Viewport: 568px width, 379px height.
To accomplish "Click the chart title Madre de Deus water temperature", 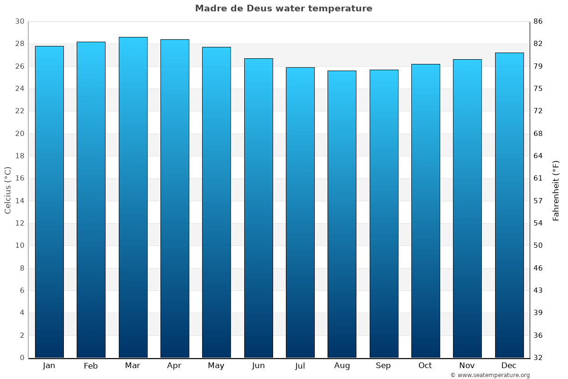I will (x=284, y=9).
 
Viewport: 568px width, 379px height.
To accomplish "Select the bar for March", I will (x=133, y=197).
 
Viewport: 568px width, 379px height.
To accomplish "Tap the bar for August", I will (x=342, y=214).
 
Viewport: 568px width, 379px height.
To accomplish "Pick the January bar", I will (x=49, y=202).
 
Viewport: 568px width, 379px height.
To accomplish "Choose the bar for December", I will (x=509, y=205).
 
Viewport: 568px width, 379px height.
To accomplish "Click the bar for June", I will (x=258, y=208).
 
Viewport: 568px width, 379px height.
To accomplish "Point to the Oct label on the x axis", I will (x=425, y=366).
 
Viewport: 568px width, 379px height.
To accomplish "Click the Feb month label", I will (x=90, y=366).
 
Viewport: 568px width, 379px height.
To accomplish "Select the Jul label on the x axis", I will (x=300, y=366).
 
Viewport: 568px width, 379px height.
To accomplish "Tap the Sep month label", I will (x=383, y=366).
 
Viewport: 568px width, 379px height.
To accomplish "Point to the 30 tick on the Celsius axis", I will (x=19, y=21).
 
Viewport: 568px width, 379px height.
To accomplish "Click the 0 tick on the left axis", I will (x=22, y=358).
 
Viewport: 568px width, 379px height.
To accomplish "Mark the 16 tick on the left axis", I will (x=19, y=178).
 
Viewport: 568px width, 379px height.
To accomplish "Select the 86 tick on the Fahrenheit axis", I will (x=538, y=21).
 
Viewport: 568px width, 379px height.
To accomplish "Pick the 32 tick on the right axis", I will (x=538, y=358).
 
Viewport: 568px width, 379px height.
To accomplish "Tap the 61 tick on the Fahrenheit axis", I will (x=538, y=178).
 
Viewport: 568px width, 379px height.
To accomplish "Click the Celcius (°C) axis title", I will (x=8, y=190).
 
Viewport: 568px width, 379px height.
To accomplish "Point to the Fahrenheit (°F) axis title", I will (x=556, y=190).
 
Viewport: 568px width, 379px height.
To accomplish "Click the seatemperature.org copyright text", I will (x=489, y=375).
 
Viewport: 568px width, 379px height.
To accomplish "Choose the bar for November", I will (x=467, y=208).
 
